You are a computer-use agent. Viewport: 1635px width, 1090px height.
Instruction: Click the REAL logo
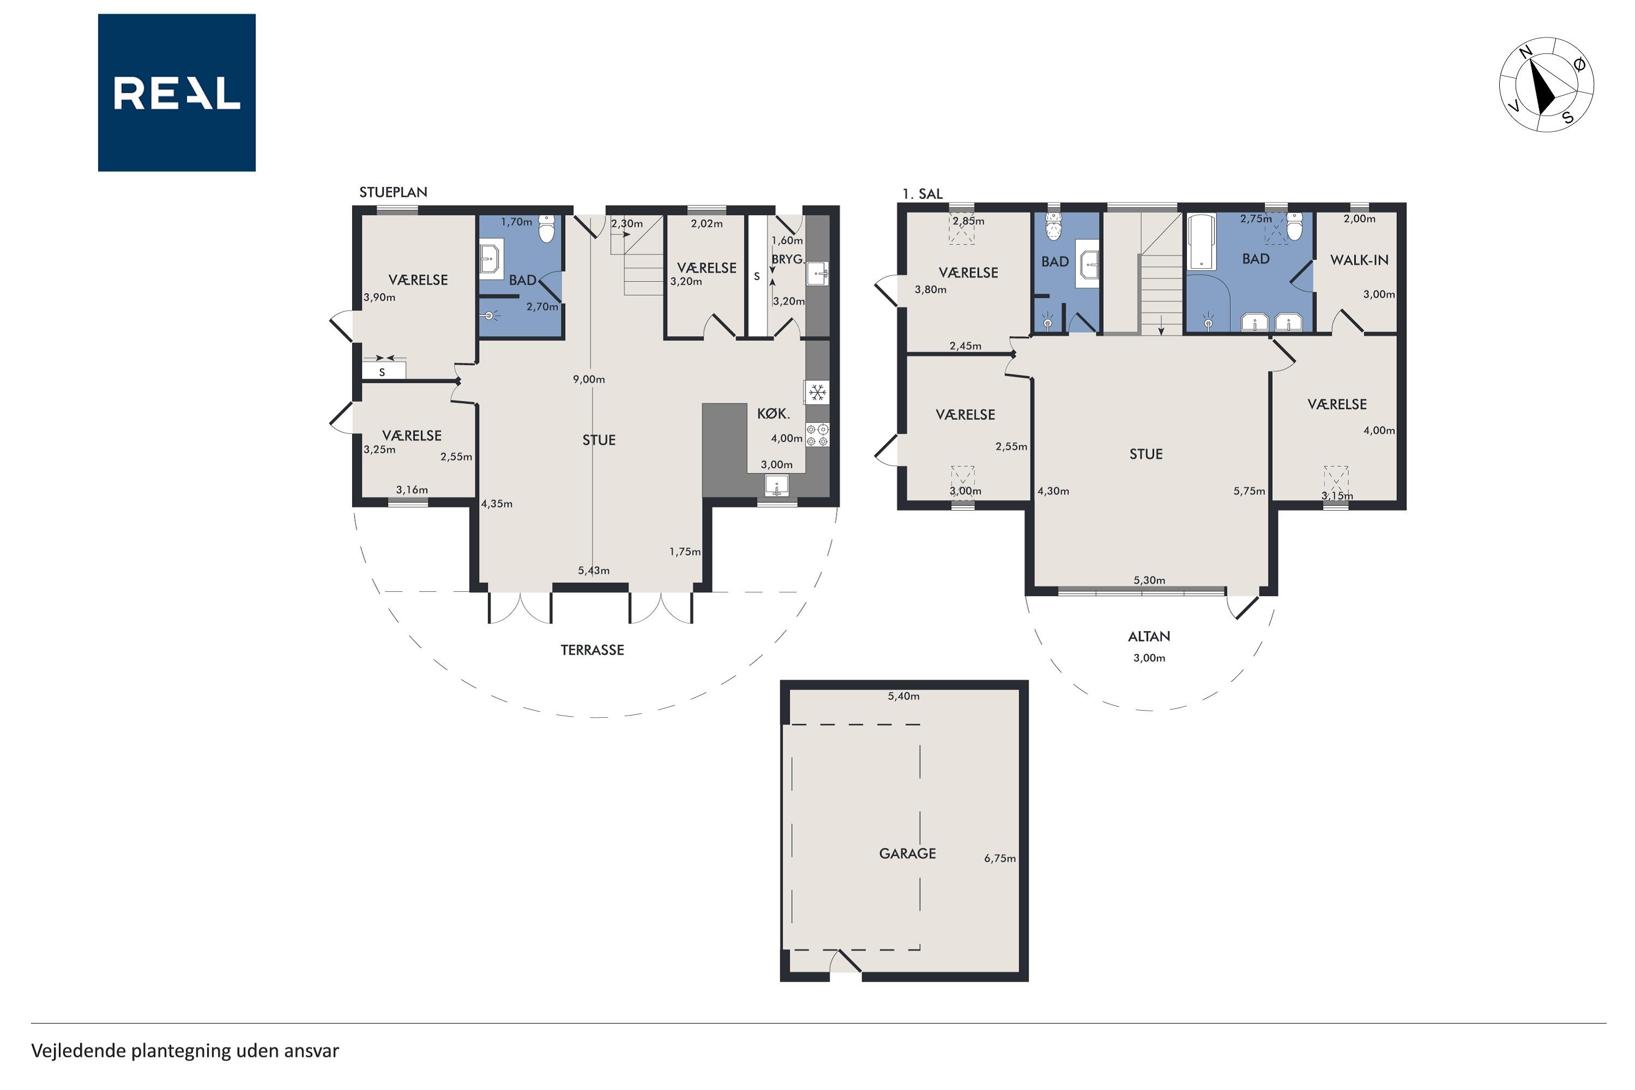(x=177, y=93)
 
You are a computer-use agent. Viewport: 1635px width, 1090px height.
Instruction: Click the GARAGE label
(x=907, y=853)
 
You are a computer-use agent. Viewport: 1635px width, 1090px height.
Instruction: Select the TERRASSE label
(x=592, y=650)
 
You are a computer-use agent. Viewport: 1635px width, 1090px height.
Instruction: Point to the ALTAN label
(x=1149, y=636)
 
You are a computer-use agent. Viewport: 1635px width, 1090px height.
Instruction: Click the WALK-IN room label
(x=1359, y=260)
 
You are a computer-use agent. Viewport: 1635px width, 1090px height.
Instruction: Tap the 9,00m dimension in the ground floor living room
(x=589, y=379)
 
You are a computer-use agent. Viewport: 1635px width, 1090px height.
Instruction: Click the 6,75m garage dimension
(x=1000, y=858)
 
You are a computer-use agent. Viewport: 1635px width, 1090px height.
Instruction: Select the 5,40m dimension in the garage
(x=904, y=696)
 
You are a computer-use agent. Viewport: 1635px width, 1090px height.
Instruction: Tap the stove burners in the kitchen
(x=818, y=435)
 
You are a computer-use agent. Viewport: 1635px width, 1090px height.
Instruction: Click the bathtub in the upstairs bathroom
(x=1201, y=243)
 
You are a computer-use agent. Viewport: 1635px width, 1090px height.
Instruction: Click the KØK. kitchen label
(x=773, y=414)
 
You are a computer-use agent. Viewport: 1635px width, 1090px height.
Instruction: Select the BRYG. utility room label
(x=788, y=259)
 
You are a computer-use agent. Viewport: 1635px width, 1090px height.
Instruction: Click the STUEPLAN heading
(x=393, y=192)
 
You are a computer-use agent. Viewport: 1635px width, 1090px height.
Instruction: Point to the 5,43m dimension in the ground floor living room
(x=594, y=571)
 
